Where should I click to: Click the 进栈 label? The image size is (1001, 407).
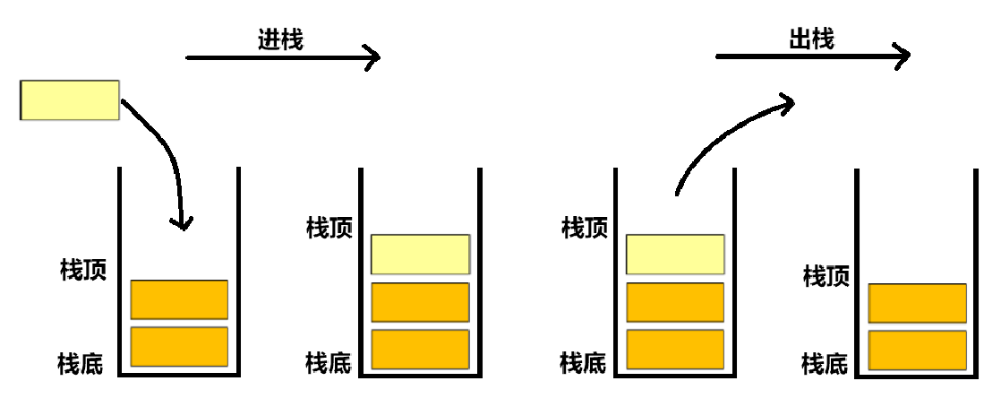point(280,40)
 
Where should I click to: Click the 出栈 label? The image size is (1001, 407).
point(811,39)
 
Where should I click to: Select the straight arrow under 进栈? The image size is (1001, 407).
point(282,58)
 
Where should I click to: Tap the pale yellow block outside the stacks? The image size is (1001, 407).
point(70,100)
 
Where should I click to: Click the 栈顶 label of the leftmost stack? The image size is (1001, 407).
point(83,270)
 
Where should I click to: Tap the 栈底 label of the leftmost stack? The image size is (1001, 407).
point(81,364)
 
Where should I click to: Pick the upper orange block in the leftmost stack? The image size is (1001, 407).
point(179,299)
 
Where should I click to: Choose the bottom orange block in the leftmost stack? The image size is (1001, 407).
point(179,347)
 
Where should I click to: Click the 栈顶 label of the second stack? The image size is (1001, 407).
point(329,227)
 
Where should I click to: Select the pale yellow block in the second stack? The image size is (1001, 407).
point(420,255)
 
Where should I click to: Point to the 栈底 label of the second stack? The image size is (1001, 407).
point(328,363)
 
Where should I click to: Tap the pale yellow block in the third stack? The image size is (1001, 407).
point(675,255)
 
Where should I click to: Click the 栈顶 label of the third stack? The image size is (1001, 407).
point(584,227)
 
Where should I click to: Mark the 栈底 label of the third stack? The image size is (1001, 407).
point(583,363)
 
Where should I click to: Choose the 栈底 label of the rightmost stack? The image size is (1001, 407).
point(825,364)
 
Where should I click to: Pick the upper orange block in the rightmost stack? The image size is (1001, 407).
point(918,303)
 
